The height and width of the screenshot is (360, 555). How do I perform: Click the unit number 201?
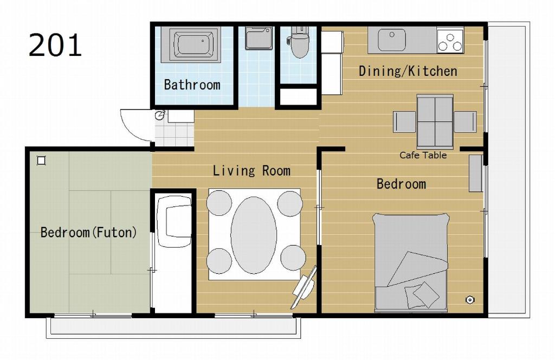pos(55,45)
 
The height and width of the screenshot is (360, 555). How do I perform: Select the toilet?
pos(299,42)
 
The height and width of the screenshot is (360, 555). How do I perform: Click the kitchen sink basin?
pos(391,40)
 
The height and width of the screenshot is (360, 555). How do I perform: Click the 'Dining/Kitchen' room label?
pos(408,71)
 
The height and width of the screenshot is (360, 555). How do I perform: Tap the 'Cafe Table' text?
pos(423,155)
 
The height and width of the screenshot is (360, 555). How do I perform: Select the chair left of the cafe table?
pos(404,122)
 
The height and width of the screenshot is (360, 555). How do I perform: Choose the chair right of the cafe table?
pos(465,122)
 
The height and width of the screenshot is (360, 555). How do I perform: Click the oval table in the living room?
pos(254,235)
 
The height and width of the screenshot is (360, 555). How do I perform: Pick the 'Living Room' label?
pos(251,171)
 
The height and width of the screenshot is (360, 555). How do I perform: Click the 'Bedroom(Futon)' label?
pos(88,232)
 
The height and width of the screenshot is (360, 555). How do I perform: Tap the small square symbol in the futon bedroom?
pos(41,160)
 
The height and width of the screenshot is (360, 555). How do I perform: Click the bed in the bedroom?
pos(411,263)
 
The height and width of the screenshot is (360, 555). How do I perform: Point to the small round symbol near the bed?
pos(469,300)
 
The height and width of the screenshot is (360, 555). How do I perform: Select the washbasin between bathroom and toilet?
pos(259,38)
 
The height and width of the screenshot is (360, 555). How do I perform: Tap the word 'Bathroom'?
pos(192,85)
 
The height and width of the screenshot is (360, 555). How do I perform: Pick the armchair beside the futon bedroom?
pos(174,222)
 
